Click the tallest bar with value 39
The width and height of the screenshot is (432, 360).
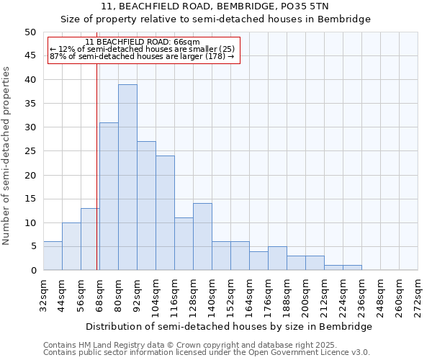tap(127, 177)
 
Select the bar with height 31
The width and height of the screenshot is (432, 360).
tap(109, 196)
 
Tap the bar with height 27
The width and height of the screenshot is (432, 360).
tap(146, 205)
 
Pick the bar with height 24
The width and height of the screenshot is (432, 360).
tap(165, 212)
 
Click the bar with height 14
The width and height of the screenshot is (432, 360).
tap(202, 236)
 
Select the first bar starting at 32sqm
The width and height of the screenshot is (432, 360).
tap(53, 256)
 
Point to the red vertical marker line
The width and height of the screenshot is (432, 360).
tap(96, 180)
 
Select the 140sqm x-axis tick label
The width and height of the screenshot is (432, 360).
tap(212, 296)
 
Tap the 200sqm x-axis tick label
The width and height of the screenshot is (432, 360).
tap(305, 296)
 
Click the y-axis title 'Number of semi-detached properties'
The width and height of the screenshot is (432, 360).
tap(7, 155)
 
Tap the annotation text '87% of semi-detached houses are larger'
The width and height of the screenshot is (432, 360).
tap(142, 56)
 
